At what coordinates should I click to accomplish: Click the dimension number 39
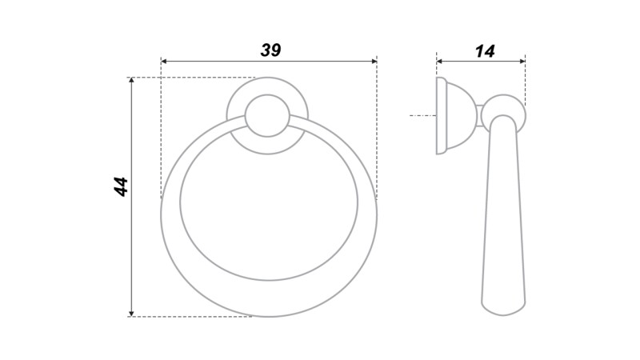pyautogui.click(x=270, y=50)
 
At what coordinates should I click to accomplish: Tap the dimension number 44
pyautogui.click(x=121, y=187)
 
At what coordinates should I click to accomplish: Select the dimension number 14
pyautogui.click(x=485, y=51)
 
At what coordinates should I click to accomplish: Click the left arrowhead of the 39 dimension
pyautogui.click(x=164, y=62)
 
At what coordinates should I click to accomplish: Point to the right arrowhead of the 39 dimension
pyautogui.click(x=374, y=62)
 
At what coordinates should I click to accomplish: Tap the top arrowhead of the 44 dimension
pyautogui.click(x=131, y=81)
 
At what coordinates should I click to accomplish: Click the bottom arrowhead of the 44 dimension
pyautogui.click(x=131, y=313)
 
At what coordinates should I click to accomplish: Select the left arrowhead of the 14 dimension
pyautogui.click(x=439, y=62)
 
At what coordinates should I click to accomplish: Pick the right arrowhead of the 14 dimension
pyautogui.click(x=522, y=62)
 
